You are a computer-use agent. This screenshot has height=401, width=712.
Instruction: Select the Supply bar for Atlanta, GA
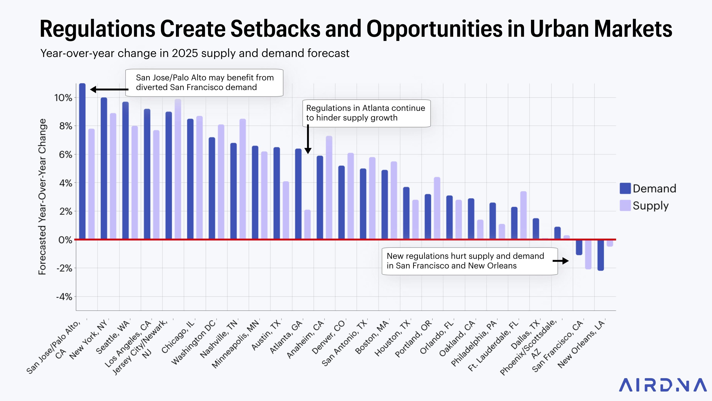[307, 224]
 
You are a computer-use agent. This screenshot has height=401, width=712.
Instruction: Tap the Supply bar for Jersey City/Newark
[178, 169]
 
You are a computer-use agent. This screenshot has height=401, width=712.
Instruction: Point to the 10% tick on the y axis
[63, 98]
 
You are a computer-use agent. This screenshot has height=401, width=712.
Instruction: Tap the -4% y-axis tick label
[64, 297]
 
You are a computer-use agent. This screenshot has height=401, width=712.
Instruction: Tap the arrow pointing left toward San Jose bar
[109, 89]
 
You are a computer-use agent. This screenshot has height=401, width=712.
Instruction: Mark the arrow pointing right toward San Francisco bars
[561, 261]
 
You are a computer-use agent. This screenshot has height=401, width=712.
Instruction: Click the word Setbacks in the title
[275, 29]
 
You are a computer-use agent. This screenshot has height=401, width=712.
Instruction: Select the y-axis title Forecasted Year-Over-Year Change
[42, 196]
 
